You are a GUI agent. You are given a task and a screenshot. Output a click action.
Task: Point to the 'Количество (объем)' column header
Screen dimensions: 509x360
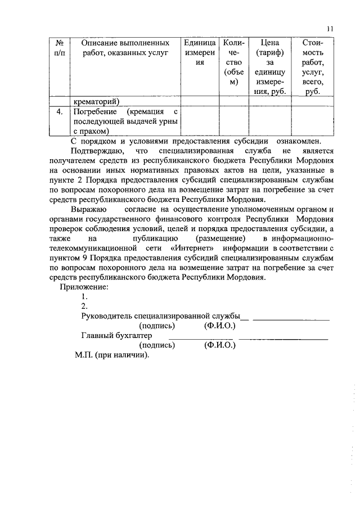(233, 62)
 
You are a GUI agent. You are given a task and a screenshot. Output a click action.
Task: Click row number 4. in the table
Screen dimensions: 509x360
(59, 112)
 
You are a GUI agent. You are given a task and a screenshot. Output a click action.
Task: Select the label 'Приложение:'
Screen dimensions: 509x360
(84, 287)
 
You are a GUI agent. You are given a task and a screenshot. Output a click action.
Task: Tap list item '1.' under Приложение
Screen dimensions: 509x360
(84, 296)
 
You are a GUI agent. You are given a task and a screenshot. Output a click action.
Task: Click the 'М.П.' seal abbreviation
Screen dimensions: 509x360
(83, 355)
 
